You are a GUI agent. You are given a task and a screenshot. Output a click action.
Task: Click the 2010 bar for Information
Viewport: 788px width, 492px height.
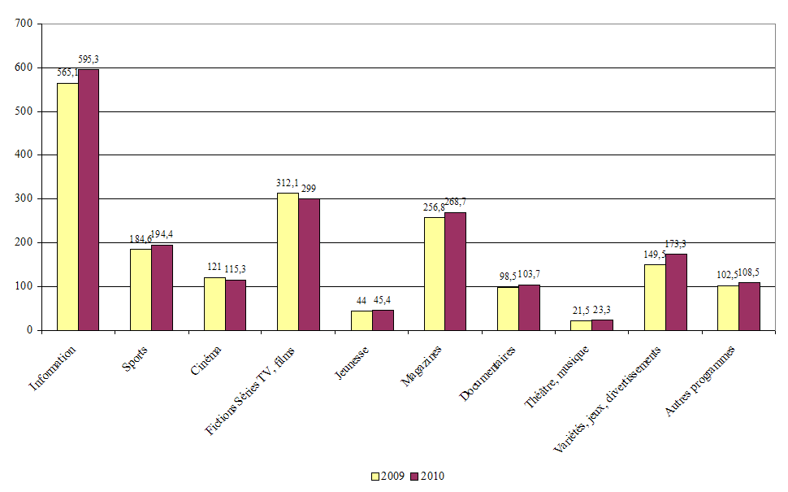(89, 199)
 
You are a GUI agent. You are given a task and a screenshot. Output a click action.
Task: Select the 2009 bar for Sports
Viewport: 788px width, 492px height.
(141, 290)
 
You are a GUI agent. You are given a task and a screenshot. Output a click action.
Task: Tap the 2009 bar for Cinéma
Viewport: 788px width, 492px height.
(214, 303)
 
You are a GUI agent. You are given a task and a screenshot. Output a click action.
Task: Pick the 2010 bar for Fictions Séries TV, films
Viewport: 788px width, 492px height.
(309, 264)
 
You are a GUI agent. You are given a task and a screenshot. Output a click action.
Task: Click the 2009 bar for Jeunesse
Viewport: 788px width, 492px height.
(362, 320)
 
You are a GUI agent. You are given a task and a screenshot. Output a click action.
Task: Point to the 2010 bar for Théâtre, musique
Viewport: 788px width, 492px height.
(603, 325)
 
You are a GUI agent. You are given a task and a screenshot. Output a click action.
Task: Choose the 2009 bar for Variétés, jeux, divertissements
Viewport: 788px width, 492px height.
(655, 297)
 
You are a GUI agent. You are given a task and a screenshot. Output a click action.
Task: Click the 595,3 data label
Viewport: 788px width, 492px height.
(89, 59)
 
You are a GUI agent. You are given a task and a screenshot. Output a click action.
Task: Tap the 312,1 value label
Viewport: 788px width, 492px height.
(288, 183)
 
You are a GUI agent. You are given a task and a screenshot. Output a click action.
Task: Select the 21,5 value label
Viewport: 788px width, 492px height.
(581, 311)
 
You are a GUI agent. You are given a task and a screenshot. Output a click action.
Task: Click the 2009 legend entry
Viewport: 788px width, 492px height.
(388, 477)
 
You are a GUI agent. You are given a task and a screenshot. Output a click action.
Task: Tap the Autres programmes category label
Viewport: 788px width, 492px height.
(701, 381)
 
